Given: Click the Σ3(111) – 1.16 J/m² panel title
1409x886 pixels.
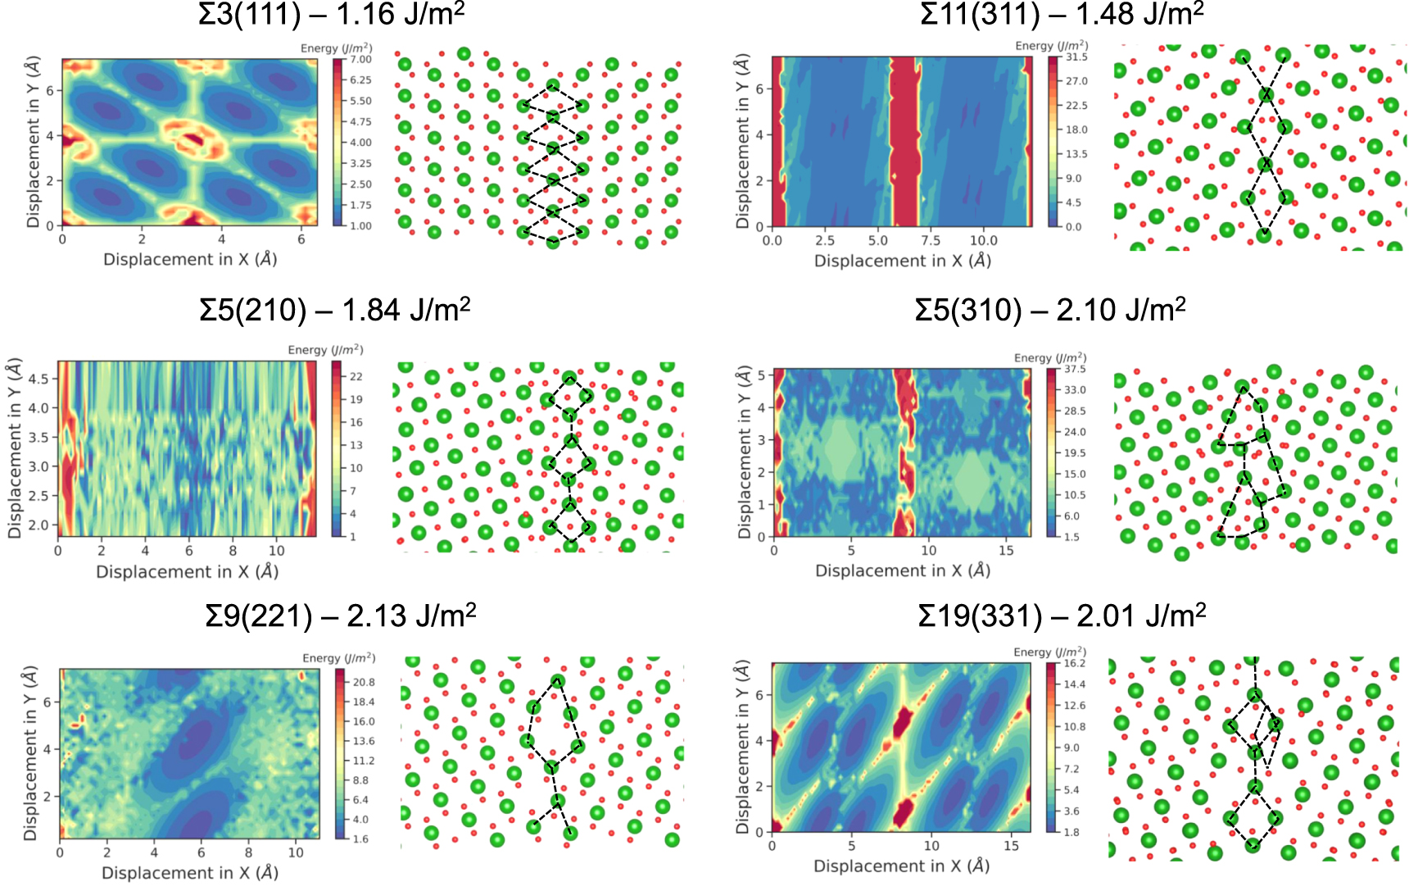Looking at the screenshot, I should click(x=332, y=14).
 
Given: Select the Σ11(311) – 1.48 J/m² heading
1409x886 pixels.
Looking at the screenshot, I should click(x=1062, y=14).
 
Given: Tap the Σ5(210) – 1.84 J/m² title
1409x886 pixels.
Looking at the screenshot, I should click(x=334, y=310).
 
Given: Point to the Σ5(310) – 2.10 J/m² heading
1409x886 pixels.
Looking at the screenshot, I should click(x=1050, y=310).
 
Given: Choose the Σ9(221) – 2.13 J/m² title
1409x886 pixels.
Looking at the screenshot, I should click(x=341, y=616).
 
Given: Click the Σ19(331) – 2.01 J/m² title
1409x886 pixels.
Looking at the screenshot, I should click(x=1062, y=616).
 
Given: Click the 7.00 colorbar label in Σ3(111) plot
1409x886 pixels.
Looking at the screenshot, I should click(x=360, y=60).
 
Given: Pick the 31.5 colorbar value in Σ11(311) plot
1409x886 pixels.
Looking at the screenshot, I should click(x=1076, y=57).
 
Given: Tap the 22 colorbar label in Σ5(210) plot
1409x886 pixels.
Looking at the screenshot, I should click(x=356, y=376).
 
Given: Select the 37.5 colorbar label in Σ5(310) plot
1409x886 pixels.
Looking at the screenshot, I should click(x=1075, y=369).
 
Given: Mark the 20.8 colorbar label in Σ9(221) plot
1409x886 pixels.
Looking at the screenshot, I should click(x=364, y=682).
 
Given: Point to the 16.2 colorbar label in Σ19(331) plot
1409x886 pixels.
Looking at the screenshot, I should click(x=1075, y=663).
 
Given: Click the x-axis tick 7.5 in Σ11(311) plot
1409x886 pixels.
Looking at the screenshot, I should click(x=931, y=241).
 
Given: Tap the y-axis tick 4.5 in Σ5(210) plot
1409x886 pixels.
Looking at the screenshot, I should click(x=39, y=379).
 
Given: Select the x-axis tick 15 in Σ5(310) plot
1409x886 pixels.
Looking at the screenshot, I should click(x=1006, y=551).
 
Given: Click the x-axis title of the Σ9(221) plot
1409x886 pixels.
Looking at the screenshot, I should click(x=190, y=873).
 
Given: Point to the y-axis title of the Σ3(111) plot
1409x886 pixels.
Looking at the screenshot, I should click(x=33, y=143).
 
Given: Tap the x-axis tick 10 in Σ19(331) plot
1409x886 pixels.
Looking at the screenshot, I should click(x=931, y=846).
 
